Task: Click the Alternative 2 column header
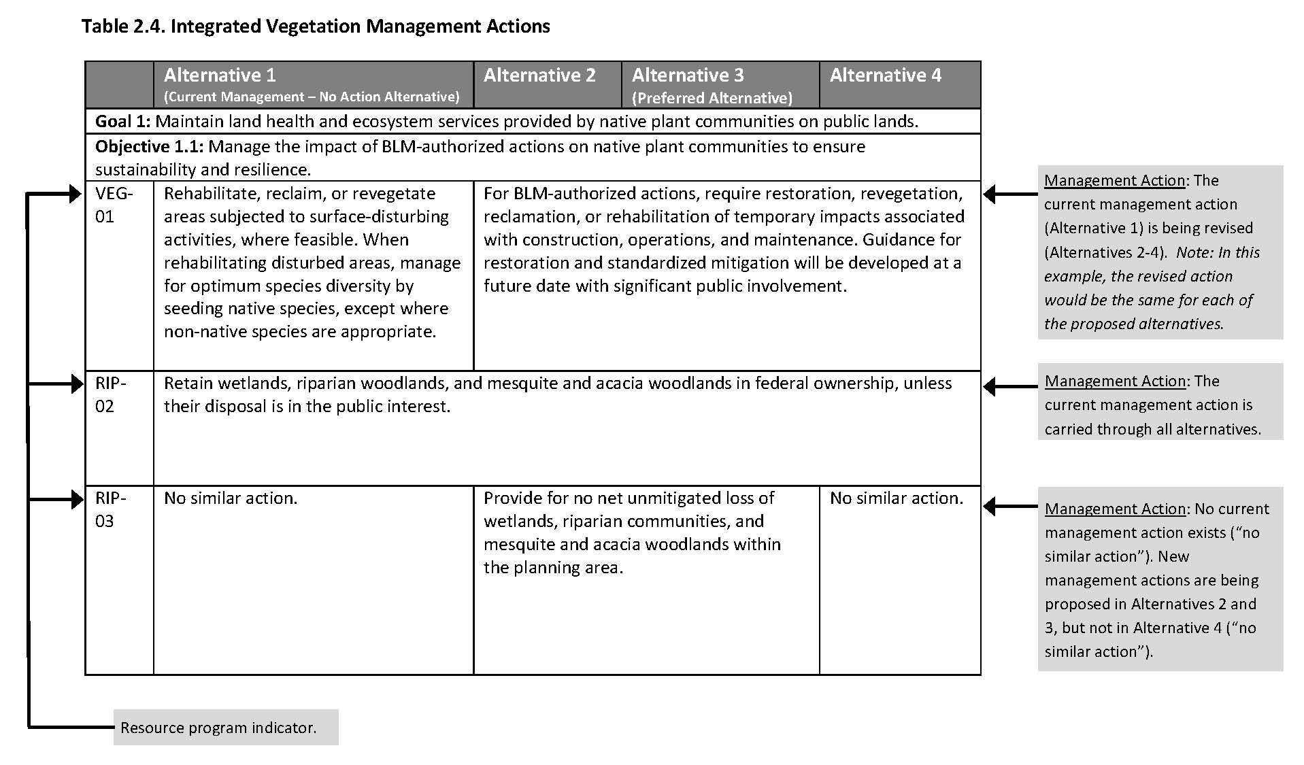coord(539,75)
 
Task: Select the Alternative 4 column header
coord(885,75)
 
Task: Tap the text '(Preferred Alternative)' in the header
coord(712,98)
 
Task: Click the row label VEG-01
coord(114,205)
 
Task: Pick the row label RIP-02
coord(110,394)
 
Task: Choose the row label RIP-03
coord(110,509)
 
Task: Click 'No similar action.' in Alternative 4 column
coord(896,498)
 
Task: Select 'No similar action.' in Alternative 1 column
coord(230,498)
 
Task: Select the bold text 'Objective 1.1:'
coord(150,147)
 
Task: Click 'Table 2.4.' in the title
coord(122,27)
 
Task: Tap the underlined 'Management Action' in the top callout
coord(1114,181)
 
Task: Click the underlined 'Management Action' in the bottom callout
coord(1114,509)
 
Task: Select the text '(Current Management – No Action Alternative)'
coord(312,97)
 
